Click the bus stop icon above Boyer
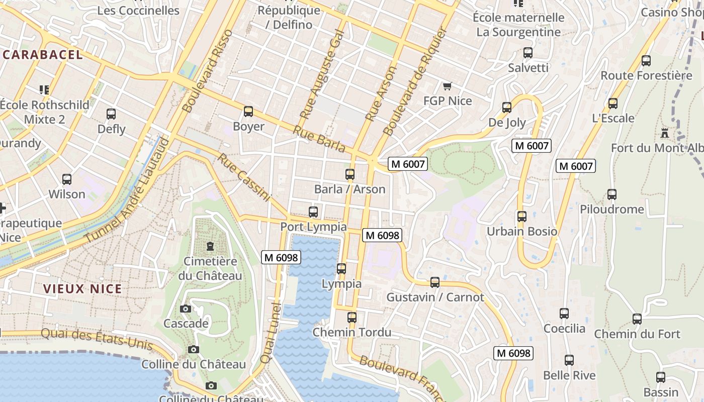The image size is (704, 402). pyautogui.click(x=248, y=112)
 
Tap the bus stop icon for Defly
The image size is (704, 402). pyautogui.click(x=111, y=114)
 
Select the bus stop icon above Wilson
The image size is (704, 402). pyautogui.click(x=67, y=179)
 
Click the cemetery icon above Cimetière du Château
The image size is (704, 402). pyautogui.click(x=210, y=246)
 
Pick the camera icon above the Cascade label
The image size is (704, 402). pyautogui.click(x=186, y=309)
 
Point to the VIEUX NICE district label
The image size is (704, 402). pyautogui.click(x=82, y=289)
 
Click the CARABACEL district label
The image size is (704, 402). pyautogui.click(x=42, y=55)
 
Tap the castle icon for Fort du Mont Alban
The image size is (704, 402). pyautogui.click(x=665, y=133)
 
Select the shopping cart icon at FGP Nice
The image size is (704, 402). pyautogui.click(x=447, y=86)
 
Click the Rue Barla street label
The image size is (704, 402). pyautogui.click(x=319, y=139)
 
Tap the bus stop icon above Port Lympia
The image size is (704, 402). pyautogui.click(x=313, y=212)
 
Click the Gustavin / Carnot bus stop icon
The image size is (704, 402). pyautogui.click(x=435, y=282)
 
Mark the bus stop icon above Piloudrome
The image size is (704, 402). pyautogui.click(x=612, y=194)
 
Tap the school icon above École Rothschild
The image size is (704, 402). pyautogui.click(x=44, y=90)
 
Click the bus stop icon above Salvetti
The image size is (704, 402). pyautogui.click(x=528, y=53)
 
